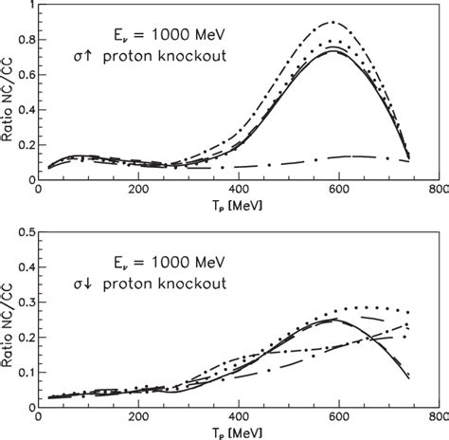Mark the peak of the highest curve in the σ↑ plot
(x=333, y=22)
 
